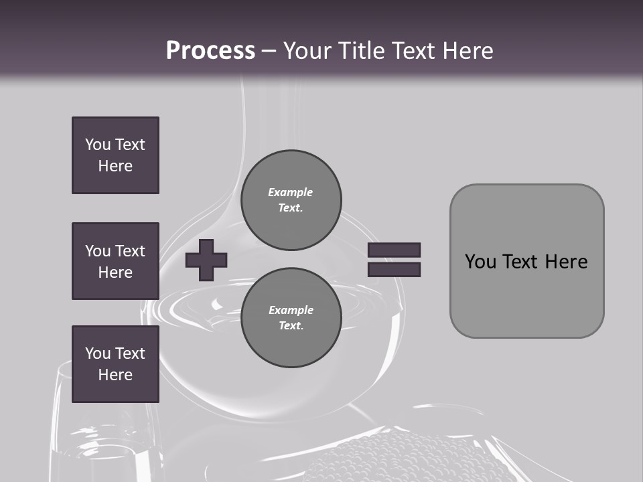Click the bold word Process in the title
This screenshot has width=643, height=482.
(x=210, y=51)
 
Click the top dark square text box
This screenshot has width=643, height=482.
(x=115, y=155)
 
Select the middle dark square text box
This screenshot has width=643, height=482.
(x=115, y=261)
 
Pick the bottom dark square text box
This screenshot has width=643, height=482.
(x=115, y=364)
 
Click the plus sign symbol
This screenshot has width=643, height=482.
(x=206, y=260)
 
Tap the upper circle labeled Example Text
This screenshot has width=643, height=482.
(x=291, y=200)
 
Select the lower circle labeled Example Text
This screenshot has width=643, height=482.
(x=291, y=318)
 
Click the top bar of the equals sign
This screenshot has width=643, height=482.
(x=394, y=250)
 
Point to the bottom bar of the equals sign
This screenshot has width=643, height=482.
(x=394, y=269)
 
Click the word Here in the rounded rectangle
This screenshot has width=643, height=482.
(x=566, y=262)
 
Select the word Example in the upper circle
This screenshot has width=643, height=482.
(x=290, y=192)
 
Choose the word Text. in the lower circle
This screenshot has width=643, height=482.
(x=291, y=326)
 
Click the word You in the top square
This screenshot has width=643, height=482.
(x=98, y=145)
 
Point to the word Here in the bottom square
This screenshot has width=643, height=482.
(x=115, y=375)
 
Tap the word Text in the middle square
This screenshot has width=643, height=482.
(x=130, y=251)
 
